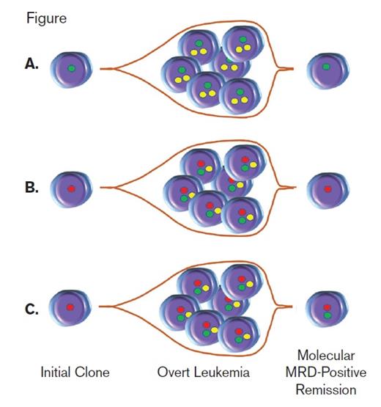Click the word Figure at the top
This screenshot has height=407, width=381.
pyautogui.click(x=47, y=18)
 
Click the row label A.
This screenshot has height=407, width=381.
pyautogui.click(x=31, y=64)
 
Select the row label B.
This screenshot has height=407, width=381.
pyautogui.click(x=31, y=187)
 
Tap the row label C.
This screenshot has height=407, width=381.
pyautogui.click(x=31, y=309)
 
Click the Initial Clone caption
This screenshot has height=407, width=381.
pyautogui.click(x=75, y=373)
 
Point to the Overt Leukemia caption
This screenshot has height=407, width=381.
pyautogui.click(x=202, y=373)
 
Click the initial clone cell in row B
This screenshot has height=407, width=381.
pyautogui.click(x=71, y=189)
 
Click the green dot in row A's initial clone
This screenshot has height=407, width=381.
pyautogui.click(x=71, y=68)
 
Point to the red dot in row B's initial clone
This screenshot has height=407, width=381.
pyautogui.click(x=71, y=188)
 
